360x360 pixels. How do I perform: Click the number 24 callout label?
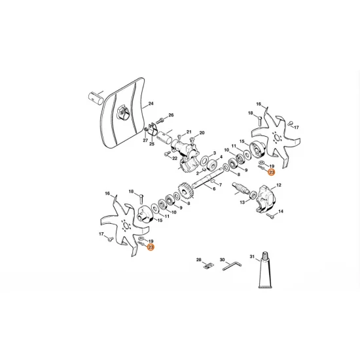151,104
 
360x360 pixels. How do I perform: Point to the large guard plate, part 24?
121,115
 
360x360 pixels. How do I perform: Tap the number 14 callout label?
280,212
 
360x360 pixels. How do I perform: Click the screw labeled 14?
272,214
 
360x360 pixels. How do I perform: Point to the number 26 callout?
171,115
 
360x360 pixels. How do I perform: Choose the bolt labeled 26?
162,122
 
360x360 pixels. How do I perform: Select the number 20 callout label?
202,132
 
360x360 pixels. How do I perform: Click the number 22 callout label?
175,158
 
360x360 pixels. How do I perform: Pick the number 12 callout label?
278,186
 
